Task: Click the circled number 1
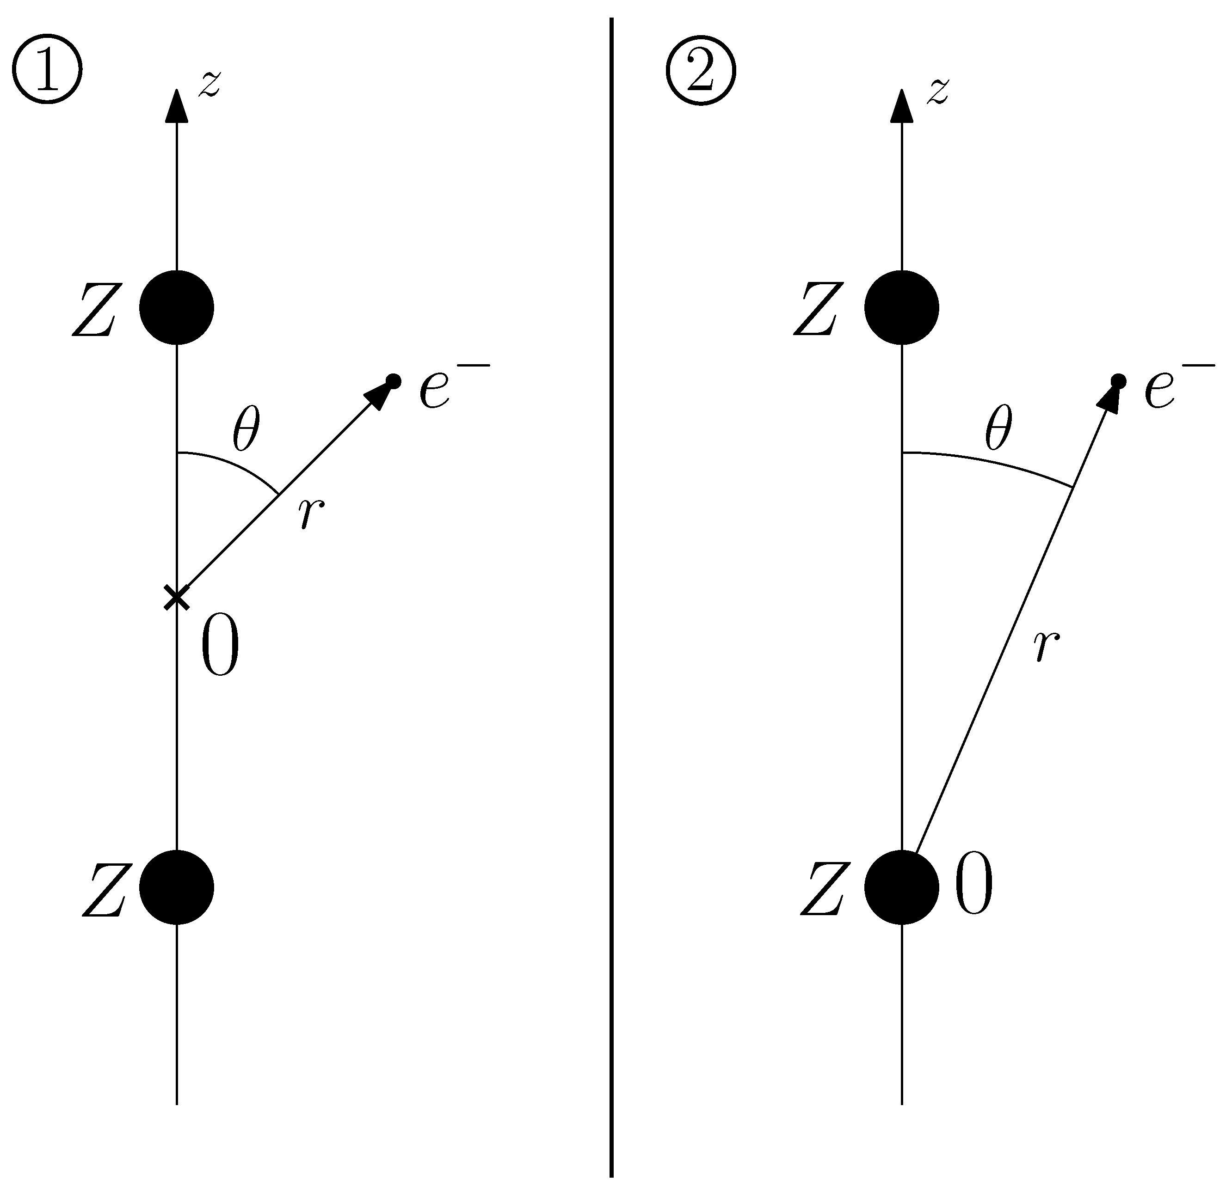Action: (47, 70)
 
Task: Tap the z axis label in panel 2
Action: (937, 92)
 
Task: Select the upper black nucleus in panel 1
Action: (177, 308)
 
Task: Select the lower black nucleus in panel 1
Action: (177, 887)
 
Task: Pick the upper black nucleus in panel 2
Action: (901, 308)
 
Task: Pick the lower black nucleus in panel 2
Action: (901, 887)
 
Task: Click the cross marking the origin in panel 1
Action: (177, 598)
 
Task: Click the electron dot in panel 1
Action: (394, 381)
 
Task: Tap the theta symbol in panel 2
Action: (998, 429)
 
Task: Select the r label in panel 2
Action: (1047, 647)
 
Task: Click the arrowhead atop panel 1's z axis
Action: (177, 105)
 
